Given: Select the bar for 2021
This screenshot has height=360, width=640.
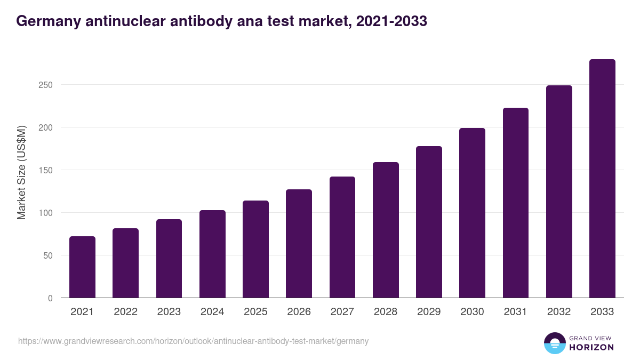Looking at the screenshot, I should coord(82,267).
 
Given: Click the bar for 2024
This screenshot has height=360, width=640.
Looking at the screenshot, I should coord(212,254).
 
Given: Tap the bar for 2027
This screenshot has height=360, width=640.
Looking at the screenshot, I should coord(342,237).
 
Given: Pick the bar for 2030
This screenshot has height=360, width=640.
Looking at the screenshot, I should coord(473,213).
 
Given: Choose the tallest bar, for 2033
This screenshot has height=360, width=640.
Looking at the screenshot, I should coord(602,179).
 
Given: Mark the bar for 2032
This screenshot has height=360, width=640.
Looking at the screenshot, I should coord(559,191).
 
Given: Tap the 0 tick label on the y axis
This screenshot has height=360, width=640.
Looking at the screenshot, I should coord(50,298).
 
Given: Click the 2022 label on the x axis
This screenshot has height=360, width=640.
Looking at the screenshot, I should coord(125,312).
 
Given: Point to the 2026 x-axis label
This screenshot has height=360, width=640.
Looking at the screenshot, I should coord(299,312).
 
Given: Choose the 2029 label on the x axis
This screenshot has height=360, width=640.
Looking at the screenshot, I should coord(429,312).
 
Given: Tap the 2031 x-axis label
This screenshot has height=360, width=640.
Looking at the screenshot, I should coord(516,312).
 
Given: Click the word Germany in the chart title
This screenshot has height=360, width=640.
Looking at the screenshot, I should coord(47,21).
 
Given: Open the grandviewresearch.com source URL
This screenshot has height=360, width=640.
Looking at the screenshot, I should coord(193,341).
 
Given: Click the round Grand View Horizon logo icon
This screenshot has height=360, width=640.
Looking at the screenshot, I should coord(554,343).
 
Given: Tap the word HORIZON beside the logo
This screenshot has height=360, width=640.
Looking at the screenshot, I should coord(591,347).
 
